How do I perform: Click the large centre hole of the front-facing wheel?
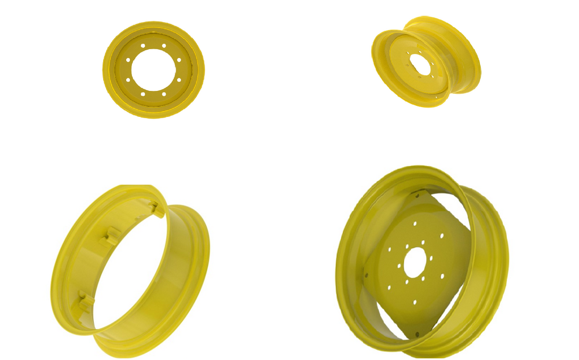click(x=153, y=69)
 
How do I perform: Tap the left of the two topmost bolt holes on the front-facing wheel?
click(x=143, y=46)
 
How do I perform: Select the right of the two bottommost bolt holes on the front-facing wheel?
click(x=164, y=94)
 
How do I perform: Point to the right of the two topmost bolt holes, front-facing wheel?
click(x=164, y=46)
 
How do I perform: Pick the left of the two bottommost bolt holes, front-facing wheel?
click(x=143, y=94)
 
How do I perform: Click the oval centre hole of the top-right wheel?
click(x=422, y=65)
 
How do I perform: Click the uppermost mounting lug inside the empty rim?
click(x=154, y=208)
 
